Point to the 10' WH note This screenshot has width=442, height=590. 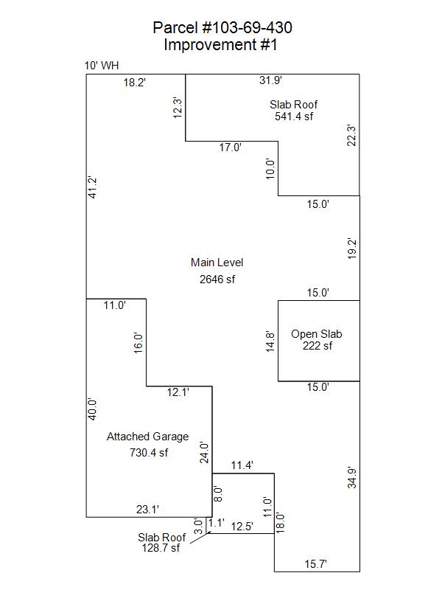102,66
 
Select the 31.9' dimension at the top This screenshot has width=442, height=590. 271,80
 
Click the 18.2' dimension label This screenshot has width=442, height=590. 135,83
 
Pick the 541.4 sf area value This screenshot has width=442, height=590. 293,116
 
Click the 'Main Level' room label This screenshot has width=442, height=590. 217,263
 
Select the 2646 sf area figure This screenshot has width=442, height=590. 217,279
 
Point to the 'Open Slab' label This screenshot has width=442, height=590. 317,334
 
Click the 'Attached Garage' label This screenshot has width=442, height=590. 147,437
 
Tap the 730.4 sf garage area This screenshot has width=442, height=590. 149,452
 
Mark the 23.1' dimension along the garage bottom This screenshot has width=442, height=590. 148,508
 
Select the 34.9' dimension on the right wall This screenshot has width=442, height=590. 352,478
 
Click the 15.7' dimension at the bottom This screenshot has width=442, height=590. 317,564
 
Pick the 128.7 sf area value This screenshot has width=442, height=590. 161,548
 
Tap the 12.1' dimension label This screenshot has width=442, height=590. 179,393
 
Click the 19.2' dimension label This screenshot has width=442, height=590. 352,249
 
